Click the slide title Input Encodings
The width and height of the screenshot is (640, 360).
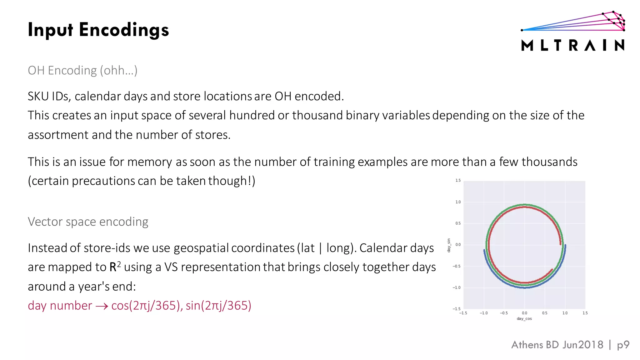(x=98, y=30)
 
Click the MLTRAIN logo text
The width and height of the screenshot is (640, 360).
(x=573, y=46)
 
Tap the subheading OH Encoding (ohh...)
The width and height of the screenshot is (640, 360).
(x=82, y=71)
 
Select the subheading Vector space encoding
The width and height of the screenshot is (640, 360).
(x=88, y=222)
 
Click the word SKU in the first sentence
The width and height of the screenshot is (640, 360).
(x=38, y=96)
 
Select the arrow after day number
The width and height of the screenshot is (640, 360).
(x=102, y=306)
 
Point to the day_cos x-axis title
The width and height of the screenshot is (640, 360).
(x=524, y=319)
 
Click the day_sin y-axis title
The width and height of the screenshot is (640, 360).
(x=449, y=245)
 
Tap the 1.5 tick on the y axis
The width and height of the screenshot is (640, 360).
(x=458, y=181)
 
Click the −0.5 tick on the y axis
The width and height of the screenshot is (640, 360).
(x=457, y=266)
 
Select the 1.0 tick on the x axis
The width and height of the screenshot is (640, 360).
(x=565, y=313)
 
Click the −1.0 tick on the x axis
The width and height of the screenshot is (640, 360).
(x=483, y=313)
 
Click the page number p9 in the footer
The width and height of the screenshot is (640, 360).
(x=623, y=345)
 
